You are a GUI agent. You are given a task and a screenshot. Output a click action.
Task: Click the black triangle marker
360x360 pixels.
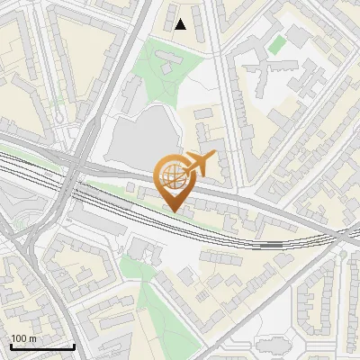182,24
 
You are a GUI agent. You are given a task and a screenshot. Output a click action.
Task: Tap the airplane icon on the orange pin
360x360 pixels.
199,164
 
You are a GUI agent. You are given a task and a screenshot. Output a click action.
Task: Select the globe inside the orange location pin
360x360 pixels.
172,175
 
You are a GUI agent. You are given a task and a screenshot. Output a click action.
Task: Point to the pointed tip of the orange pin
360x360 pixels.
174,211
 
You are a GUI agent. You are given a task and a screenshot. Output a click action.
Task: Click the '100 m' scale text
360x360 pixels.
23,338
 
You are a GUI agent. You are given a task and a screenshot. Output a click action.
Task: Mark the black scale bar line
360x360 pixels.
42,346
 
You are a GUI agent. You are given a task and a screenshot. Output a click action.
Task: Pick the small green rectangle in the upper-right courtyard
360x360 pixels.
277,43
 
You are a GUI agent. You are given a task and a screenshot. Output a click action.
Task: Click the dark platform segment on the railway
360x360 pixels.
274,243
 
